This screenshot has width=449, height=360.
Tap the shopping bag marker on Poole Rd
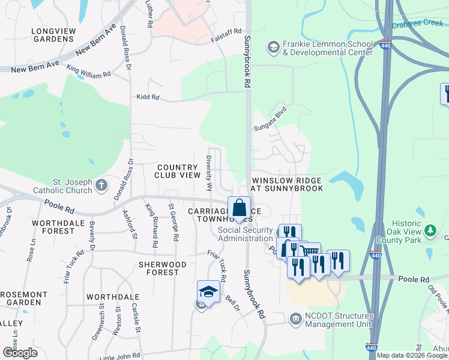[239, 208]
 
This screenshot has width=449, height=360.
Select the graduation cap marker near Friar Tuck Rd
[208, 292]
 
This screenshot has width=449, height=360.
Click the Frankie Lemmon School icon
[274, 47]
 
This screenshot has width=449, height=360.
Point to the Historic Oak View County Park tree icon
[430, 230]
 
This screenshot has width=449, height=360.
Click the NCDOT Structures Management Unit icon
[295, 319]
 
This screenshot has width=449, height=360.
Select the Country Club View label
[177, 171]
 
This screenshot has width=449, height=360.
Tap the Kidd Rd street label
[148, 97]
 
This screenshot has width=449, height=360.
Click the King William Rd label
[88, 71]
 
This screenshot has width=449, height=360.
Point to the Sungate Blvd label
[270, 118]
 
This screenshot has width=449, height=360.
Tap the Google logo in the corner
[20, 353]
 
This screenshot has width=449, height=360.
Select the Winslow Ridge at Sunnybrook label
[287, 184]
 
